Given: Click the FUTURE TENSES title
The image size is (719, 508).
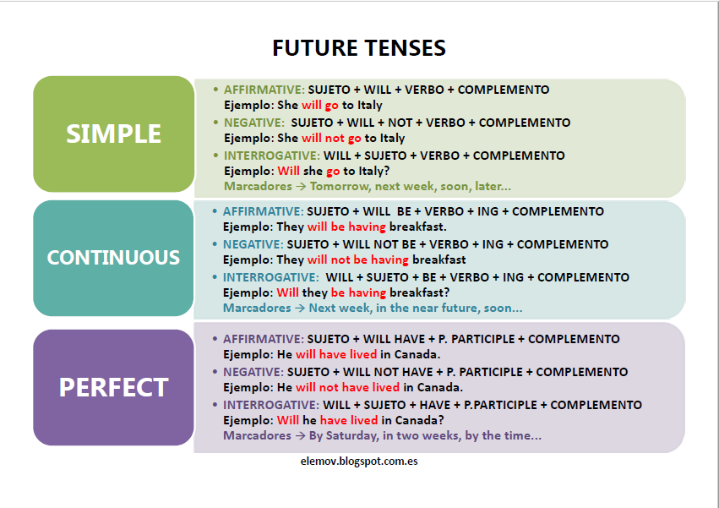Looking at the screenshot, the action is (x=359, y=47).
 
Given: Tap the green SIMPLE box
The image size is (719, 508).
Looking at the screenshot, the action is (x=114, y=134).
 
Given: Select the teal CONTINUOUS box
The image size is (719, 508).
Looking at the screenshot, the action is (x=113, y=258).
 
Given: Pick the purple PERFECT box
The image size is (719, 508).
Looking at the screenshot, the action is (x=113, y=387).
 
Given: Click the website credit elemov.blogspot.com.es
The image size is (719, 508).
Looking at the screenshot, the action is (x=359, y=462).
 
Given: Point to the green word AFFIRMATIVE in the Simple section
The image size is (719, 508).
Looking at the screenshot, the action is (x=264, y=90).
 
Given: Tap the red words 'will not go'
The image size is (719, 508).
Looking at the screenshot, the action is (x=331, y=138).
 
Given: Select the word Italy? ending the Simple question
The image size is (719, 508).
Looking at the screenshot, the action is (x=374, y=172).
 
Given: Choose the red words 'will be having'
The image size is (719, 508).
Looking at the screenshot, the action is (x=346, y=227).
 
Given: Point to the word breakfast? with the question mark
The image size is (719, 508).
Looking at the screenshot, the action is (x=420, y=292).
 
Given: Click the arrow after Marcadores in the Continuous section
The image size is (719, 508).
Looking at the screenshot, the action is (x=300, y=308).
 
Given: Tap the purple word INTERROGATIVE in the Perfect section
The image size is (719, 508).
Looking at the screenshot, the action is (x=271, y=405).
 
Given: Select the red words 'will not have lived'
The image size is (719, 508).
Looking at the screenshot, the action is (x=347, y=387).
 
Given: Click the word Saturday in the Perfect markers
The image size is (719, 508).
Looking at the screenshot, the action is (x=352, y=435).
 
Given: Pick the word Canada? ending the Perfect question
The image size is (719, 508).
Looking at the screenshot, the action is (x=420, y=420).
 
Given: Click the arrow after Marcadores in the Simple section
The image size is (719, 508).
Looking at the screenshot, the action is (x=301, y=186).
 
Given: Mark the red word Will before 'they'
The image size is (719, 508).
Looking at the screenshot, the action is (x=287, y=292).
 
